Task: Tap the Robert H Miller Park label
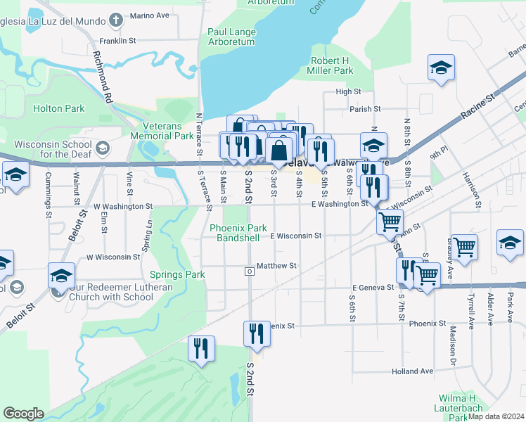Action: tap(331, 65)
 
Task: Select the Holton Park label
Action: tap(59, 108)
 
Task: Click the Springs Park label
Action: tap(177, 274)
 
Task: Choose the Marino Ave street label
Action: tap(150, 15)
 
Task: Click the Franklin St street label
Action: tap(117, 41)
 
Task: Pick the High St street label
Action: tap(348, 91)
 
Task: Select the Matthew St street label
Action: tap(277, 266)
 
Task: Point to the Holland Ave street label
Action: tap(413, 371)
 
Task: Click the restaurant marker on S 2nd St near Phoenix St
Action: tap(257, 333)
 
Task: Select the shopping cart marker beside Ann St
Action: tap(390, 222)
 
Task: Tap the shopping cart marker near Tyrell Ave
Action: tap(464, 247)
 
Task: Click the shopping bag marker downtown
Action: tap(279, 150)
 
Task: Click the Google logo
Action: tap(23, 414)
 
